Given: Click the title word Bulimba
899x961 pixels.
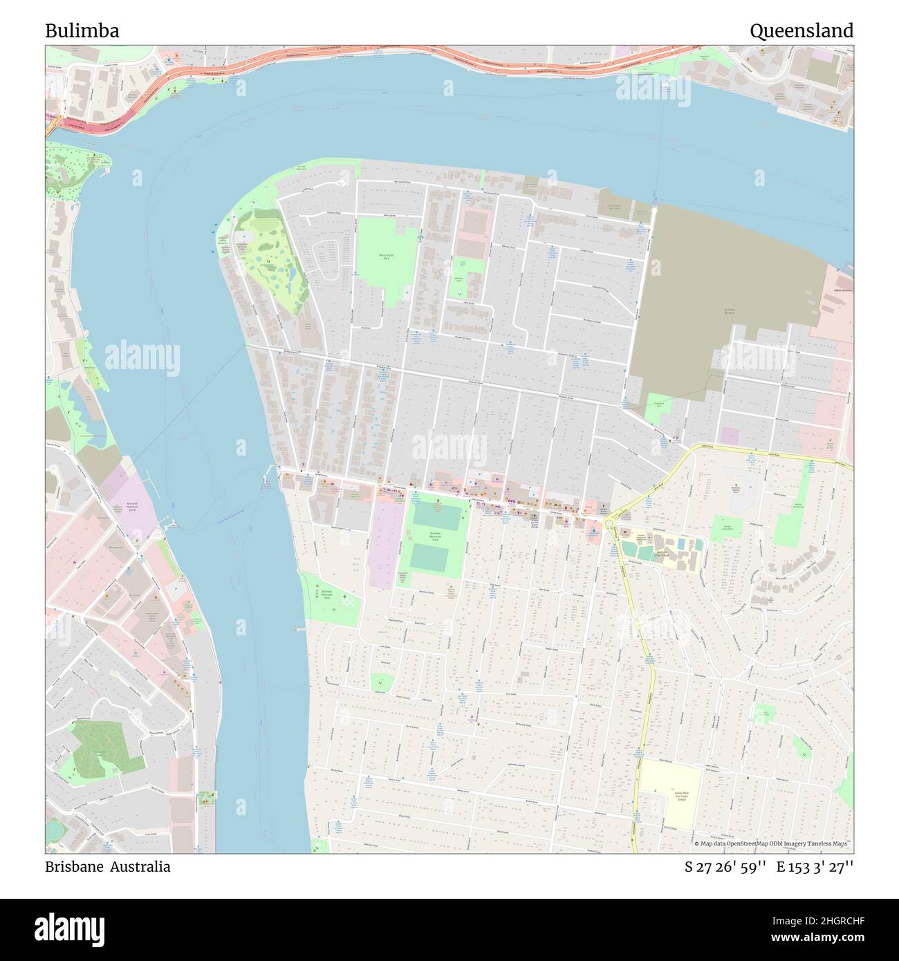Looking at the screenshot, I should [x=82, y=31].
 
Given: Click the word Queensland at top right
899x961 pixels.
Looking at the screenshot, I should [x=801, y=31].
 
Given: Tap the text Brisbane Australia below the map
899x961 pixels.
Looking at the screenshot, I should [x=108, y=866].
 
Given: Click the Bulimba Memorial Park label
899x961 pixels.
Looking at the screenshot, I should [x=434, y=536].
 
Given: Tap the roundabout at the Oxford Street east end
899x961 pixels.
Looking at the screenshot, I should [x=609, y=524].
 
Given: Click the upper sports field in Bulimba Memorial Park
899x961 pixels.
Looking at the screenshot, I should [x=437, y=516].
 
